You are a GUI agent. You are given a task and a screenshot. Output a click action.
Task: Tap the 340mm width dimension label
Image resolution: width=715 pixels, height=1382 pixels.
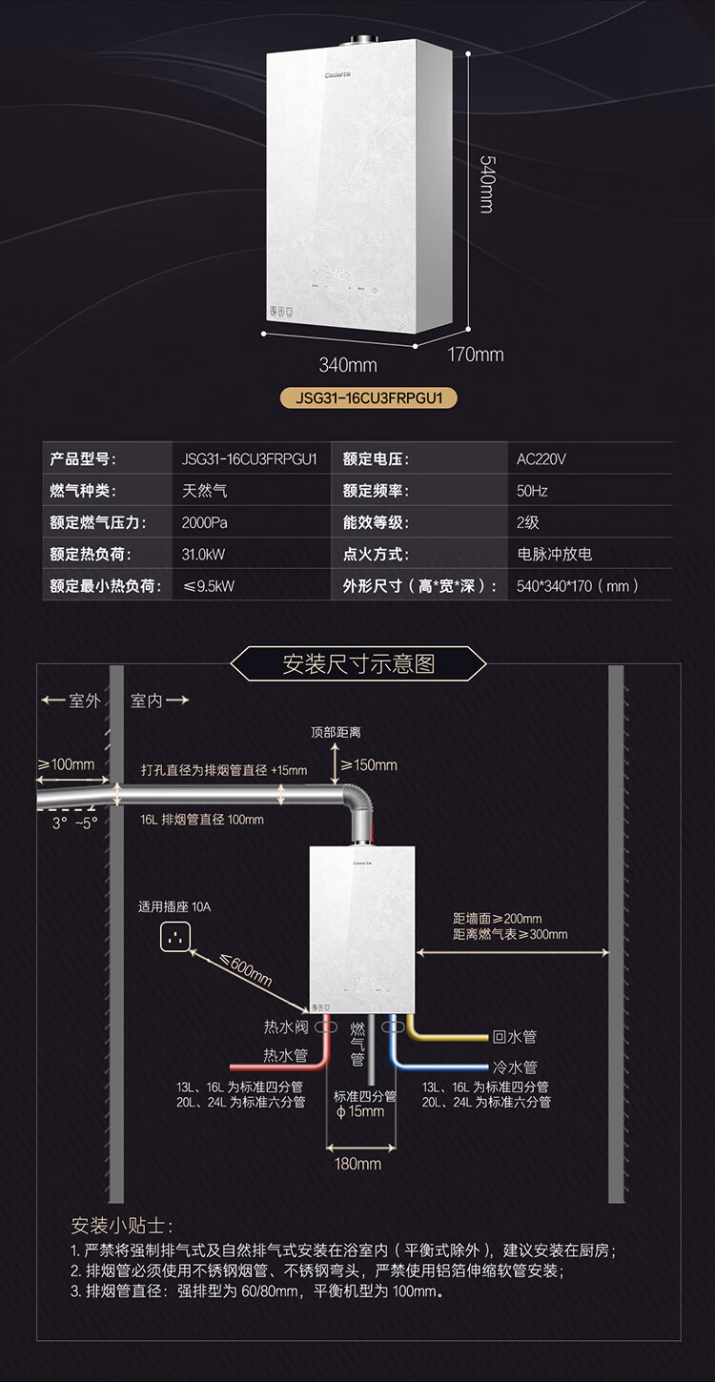tap(347, 365)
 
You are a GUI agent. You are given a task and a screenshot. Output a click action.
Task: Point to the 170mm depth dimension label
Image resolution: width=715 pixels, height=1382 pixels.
tap(476, 355)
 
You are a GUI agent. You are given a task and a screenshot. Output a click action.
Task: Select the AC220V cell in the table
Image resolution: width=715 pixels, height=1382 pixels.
tap(541, 458)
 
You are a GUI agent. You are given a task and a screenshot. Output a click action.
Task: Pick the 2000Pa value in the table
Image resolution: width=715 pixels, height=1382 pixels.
tap(204, 522)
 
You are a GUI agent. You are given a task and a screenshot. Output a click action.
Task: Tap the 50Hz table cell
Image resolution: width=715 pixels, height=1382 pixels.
tap(532, 491)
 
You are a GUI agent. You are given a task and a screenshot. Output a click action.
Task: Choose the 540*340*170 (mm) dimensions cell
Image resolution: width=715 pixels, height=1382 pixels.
tap(578, 586)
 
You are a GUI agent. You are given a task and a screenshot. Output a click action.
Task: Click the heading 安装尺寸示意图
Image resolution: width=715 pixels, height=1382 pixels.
tap(358, 664)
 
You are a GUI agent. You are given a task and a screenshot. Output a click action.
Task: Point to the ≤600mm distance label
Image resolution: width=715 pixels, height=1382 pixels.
tap(246, 971)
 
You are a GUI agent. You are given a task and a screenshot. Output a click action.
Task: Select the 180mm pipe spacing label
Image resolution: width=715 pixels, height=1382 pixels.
tap(358, 1163)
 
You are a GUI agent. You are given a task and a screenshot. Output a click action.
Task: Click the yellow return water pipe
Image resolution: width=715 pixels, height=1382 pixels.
tap(448, 1036)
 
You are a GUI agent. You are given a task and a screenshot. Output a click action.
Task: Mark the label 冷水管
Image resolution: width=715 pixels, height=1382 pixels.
tap(515, 1067)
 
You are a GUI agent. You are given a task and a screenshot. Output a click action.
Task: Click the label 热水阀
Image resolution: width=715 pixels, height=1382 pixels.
tap(286, 1026)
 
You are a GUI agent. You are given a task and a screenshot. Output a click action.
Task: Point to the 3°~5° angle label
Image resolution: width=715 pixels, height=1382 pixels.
tap(75, 823)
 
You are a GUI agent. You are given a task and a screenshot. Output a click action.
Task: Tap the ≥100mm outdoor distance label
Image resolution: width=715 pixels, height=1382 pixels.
tap(66, 764)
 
